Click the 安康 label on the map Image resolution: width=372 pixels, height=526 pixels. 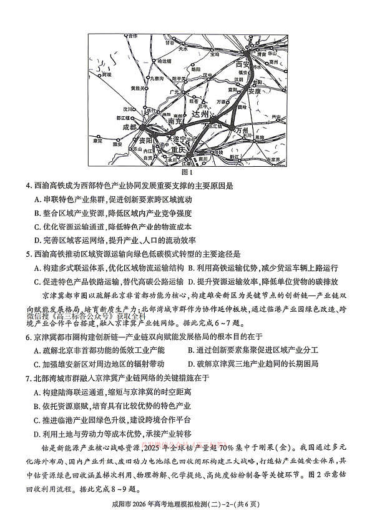253,91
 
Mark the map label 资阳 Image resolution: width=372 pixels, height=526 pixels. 146,140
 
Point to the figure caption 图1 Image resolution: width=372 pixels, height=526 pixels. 185,172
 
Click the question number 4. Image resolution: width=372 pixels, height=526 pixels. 29,186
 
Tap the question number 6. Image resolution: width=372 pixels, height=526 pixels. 29,337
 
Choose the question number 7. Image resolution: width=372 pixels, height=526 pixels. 29,378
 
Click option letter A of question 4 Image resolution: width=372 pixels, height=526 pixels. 37,199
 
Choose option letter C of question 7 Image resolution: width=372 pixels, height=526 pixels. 37,420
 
